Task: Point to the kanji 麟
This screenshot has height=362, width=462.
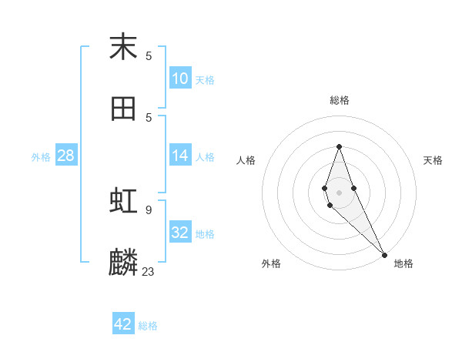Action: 123,263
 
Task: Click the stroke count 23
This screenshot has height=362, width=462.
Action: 149,271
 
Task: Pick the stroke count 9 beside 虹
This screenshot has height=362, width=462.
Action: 149,209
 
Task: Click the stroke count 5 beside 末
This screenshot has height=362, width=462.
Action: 149,55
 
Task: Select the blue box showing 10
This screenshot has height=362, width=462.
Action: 180,79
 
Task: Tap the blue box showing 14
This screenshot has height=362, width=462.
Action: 180,156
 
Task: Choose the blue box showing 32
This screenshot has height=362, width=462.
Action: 180,233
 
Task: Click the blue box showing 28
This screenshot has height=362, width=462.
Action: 66,156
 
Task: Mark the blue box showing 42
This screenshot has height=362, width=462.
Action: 123,324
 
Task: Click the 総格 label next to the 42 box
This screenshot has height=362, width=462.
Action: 148,326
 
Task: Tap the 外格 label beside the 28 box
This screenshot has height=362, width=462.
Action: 41,157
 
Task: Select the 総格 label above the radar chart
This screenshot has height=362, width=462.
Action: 340,100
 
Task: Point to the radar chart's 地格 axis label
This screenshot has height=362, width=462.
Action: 403,263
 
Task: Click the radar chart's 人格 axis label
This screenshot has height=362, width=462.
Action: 246,160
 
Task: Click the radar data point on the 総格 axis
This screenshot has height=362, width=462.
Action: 339,146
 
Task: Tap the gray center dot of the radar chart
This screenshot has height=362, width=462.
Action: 339,192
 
